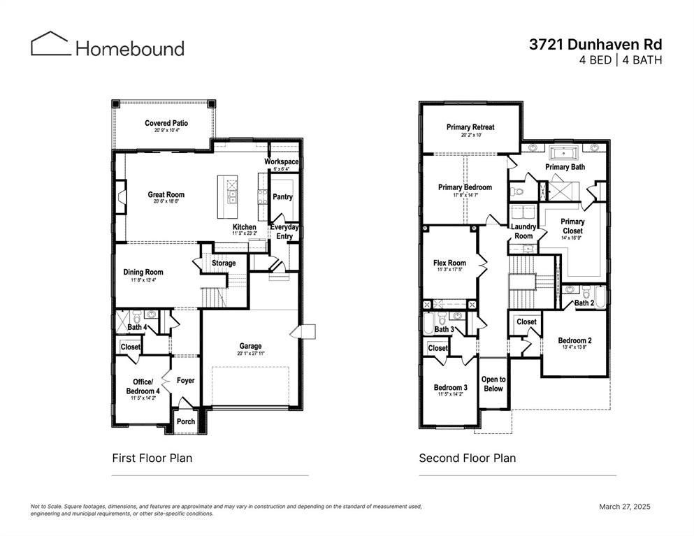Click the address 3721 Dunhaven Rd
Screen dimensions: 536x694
tap(595, 44)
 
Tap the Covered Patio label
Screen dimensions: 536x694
tap(166, 123)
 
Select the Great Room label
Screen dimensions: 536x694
tap(166, 195)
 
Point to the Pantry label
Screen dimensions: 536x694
tap(282, 197)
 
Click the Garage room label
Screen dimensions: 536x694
tap(250, 346)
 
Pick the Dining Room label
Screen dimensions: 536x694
tap(143, 273)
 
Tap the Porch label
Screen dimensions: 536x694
tap(186, 421)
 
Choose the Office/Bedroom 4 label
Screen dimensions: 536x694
tap(143, 386)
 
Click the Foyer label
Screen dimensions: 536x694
tap(185, 381)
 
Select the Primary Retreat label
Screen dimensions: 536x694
tap(470, 127)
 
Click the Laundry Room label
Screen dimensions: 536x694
tap(523, 231)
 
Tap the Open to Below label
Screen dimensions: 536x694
tap(493, 384)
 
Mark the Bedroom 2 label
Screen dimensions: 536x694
tap(575, 341)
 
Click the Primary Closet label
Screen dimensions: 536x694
tap(572, 226)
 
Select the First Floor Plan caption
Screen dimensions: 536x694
tap(152, 458)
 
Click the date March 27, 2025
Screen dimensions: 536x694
tap(625, 507)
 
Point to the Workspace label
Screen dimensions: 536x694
tap(281, 162)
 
